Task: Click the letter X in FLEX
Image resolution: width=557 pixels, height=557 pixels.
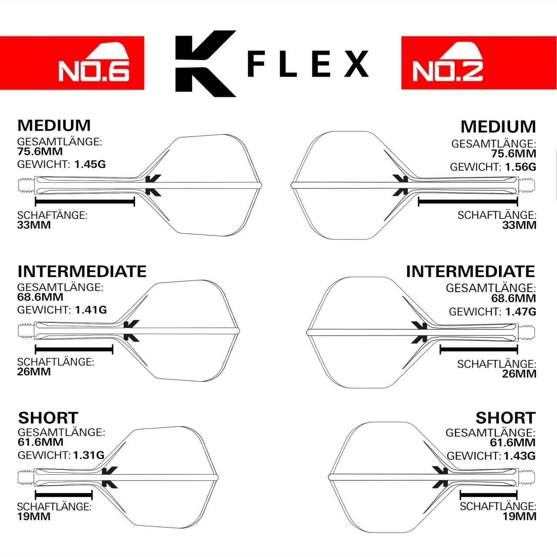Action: click(356, 64)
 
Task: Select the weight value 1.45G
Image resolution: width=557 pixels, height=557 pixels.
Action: click(90, 164)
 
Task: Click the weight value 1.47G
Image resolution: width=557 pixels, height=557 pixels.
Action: click(520, 312)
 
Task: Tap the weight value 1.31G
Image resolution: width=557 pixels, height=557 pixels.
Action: click(89, 455)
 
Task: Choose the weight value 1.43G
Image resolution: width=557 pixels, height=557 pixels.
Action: click(520, 456)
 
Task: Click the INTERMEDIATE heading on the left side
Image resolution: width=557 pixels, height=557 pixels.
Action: click(82, 272)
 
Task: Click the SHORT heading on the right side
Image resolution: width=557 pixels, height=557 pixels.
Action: click(505, 418)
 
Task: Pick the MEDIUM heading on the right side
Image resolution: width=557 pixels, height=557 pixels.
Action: click(498, 127)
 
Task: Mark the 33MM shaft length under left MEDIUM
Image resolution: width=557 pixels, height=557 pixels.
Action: click(34, 225)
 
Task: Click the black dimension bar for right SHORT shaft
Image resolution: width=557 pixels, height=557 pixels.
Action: click(488, 495)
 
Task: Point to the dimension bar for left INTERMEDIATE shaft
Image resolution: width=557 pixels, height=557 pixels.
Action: click(74, 349)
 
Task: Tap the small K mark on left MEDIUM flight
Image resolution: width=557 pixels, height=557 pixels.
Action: click(153, 185)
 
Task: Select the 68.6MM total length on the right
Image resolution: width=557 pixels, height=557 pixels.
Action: click(513, 299)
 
